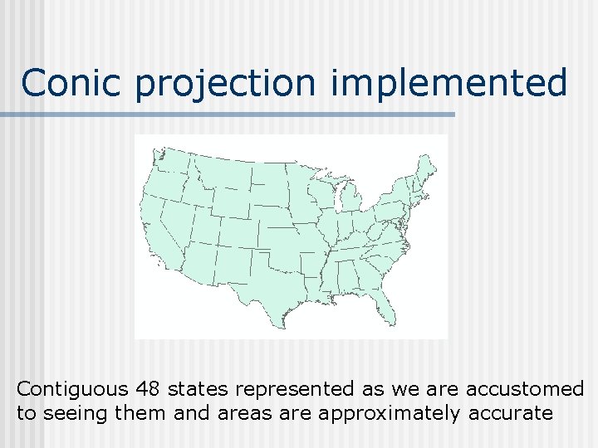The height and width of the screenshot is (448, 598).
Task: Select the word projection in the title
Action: pos(224,84)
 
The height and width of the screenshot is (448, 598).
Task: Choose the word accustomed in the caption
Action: pos(525,388)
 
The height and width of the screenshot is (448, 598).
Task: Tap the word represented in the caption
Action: pos(288,388)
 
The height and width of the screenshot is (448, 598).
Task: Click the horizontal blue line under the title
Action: pos(228,114)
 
